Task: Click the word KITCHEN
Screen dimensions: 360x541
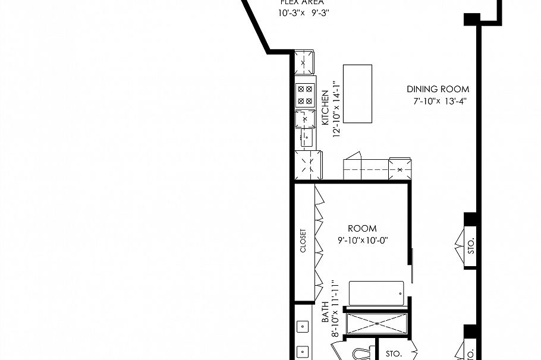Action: (325, 108)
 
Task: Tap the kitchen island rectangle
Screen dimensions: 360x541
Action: (358, 94)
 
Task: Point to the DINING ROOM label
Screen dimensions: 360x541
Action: (438, 89)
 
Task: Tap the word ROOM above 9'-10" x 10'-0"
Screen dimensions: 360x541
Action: (362, 229)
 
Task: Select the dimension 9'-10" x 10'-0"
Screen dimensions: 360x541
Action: (362, 241)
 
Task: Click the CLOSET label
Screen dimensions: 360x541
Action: (303, 241)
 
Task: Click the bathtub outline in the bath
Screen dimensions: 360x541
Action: (376, 293)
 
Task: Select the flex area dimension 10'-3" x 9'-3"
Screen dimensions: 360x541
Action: (303, 12)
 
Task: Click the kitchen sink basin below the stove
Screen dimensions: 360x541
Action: (306, 138)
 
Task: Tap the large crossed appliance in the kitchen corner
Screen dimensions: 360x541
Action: (309, 164)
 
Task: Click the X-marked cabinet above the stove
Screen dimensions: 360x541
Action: (304, 62)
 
